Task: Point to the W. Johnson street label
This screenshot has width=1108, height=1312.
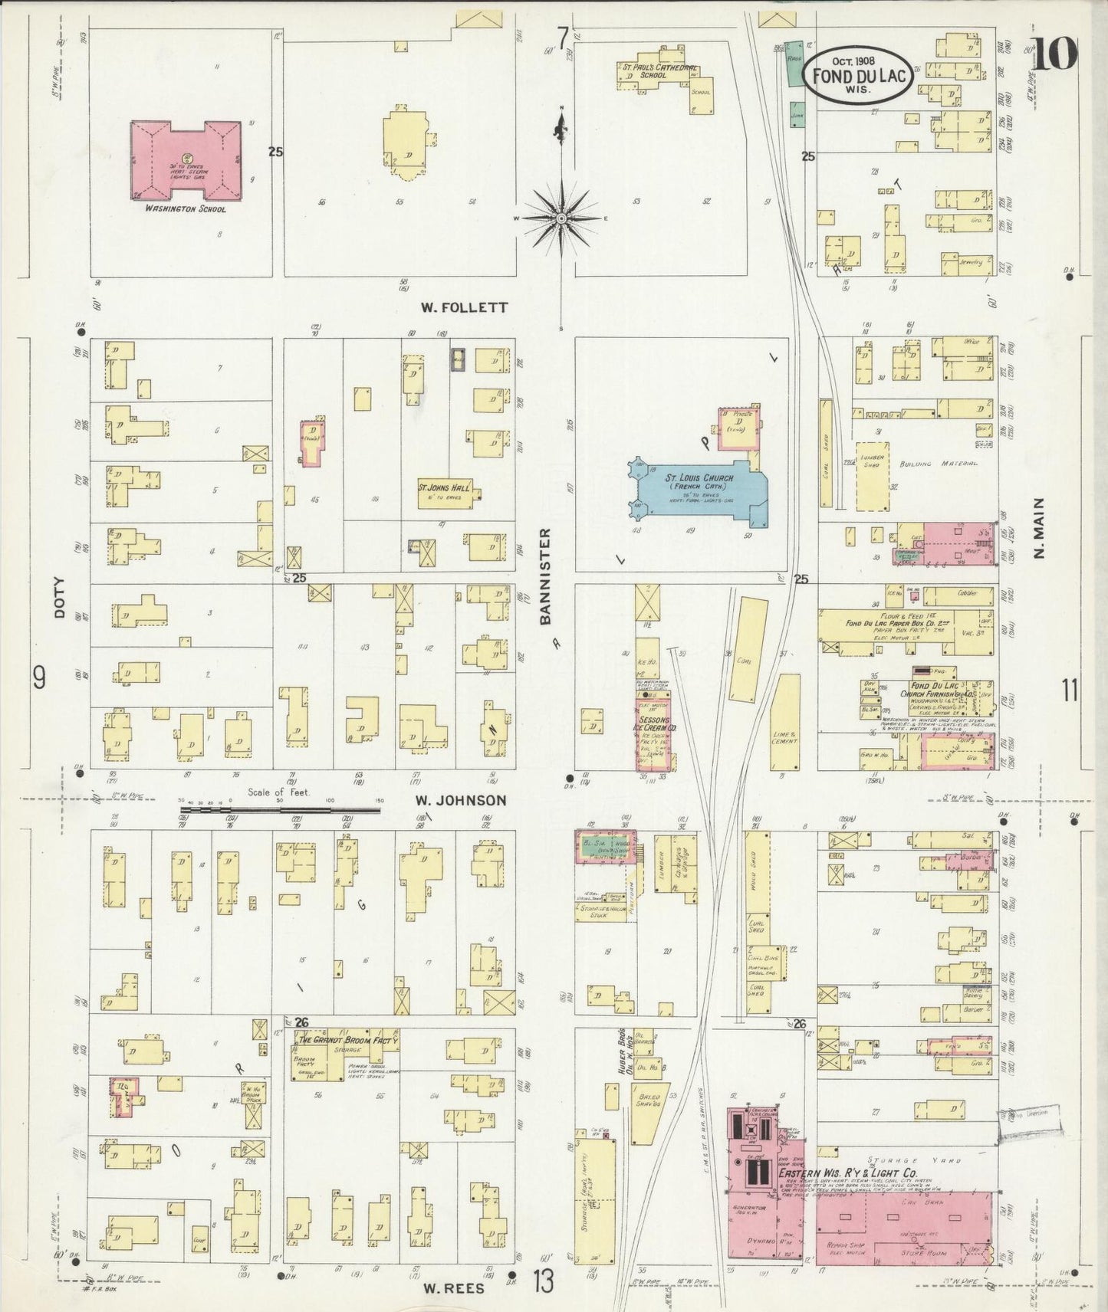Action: point(461,800)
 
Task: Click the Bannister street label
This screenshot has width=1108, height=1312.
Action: point(546,576)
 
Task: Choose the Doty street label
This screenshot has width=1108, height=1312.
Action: point(60,598)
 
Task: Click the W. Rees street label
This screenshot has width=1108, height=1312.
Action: point(454,1287)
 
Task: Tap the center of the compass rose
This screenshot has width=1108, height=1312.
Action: point(562,218)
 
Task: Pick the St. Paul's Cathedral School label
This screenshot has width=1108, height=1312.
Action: point(659,71)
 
